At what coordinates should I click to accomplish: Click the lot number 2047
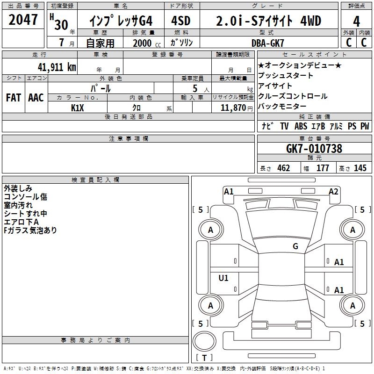pos(23,21)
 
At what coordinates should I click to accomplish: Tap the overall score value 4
pos(356,22)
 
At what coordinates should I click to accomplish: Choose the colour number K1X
pos(78,108)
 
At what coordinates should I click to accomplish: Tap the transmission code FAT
pos(13,98)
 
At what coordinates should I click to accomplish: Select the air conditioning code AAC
pos(36,98)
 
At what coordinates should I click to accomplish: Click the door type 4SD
pos(182,22)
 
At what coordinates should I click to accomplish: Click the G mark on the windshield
pos(295,246)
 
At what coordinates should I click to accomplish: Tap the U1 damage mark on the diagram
pos(223,278)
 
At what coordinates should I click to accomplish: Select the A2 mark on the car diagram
pos(333,191)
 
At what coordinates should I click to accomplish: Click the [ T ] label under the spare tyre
pos(204,358)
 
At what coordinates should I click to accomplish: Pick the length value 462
pos(283,168)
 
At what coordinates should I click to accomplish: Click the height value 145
pos(360,168)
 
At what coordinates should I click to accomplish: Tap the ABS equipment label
pos(301,126)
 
